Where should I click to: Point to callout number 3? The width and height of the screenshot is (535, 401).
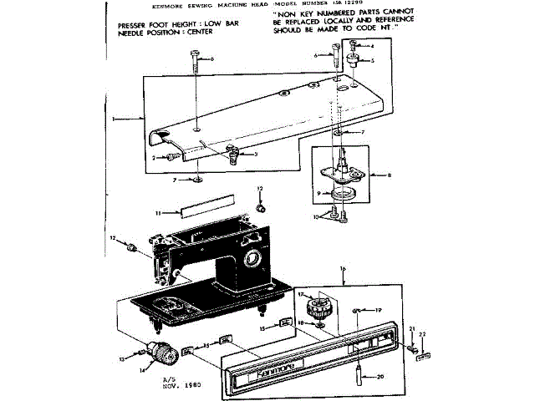tap(255, 154)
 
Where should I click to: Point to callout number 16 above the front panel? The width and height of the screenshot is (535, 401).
tap(343, 268)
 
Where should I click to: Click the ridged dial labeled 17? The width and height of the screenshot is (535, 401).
tap(318, 307)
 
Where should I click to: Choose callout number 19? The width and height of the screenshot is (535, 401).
tap(378, 309)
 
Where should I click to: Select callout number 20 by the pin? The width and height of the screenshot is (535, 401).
tap(380, 377)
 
